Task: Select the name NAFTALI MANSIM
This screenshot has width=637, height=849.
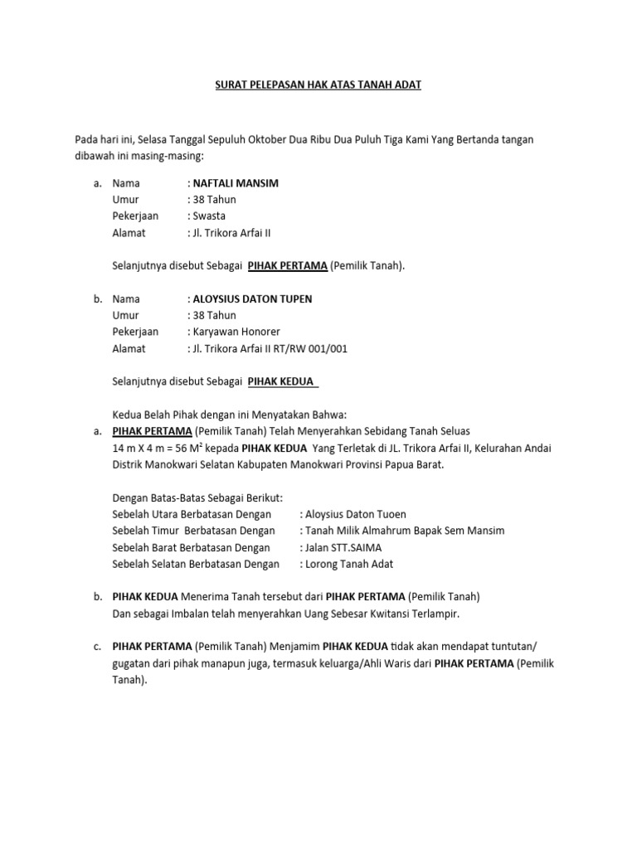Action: coord(236,183)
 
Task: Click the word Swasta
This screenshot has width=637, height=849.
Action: coord(209,216)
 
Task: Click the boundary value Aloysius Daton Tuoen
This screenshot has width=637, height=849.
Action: coord(356,514)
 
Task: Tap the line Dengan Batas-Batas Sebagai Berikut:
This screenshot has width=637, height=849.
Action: coord(197,497)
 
